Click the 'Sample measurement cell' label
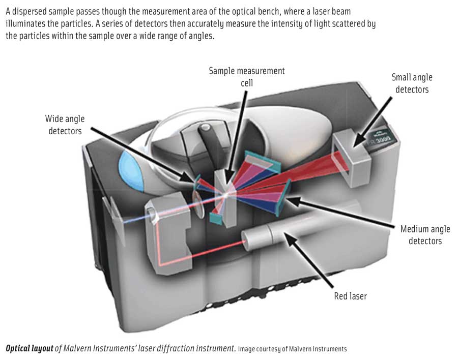tap(247, 76)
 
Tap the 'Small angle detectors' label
tap(412, 83)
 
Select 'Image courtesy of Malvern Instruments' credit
tap(292, 349)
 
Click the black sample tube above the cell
tap(215, 147)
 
